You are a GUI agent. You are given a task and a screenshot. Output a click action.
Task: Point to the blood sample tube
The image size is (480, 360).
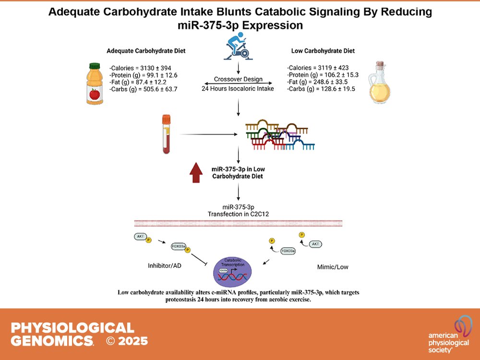coord(167,134)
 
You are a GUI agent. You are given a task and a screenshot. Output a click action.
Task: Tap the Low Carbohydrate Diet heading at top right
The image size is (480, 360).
coord(324,50)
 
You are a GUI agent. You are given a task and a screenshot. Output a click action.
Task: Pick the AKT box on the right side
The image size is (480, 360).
coord(315,244)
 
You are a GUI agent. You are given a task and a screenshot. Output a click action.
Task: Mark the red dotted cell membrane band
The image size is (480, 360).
coord(239,223)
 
